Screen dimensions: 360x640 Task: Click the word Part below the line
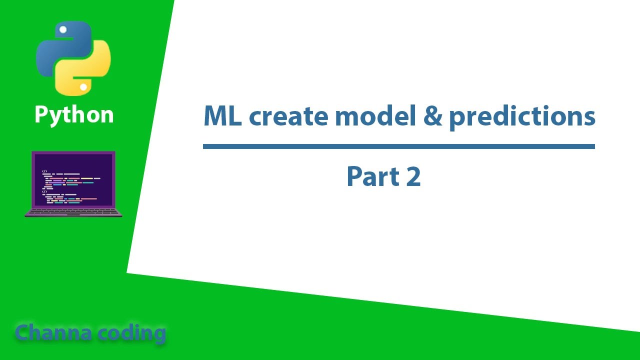click(372, 176)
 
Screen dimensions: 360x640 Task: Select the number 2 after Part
click(413, 177)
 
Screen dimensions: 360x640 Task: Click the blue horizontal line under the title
click(398, 146)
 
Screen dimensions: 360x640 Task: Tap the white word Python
click(74, 115)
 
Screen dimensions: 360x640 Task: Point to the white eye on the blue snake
click(63, 30)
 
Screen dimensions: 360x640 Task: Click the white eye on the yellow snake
click(83, 87)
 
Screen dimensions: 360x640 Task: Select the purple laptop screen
click(73, 179)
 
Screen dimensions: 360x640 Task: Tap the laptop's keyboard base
click(73, 212)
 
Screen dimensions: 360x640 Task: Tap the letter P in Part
click(354, 176)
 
